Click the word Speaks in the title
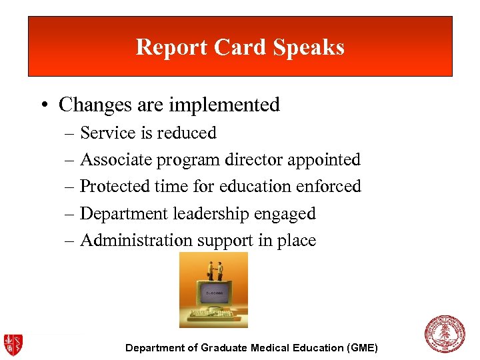point(312,47)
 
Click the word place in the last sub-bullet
point(297,241)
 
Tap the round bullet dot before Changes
point(43,105)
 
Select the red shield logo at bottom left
point(13,344)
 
